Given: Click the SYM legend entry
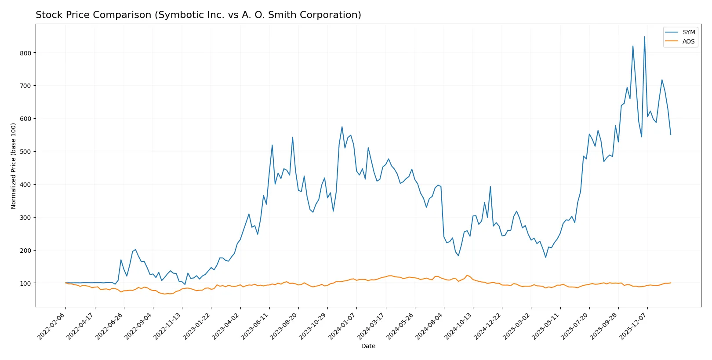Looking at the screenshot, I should point(688,32).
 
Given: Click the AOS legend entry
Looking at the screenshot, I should point(688,41).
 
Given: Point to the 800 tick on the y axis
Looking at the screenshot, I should point(25,53).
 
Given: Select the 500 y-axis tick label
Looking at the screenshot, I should point(25,152).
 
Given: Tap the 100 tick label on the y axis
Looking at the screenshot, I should point(25,283).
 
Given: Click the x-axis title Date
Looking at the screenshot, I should point(368,346).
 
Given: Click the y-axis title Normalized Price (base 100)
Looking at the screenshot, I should point(13,166).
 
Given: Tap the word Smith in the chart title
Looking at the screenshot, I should point(284,15).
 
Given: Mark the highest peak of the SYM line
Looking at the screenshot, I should point(644,36).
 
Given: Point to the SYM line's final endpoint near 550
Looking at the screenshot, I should point(671,135).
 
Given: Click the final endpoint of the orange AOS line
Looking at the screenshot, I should point(671,283).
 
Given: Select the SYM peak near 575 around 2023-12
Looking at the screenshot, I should point(342,127).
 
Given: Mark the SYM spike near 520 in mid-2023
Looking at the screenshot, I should point(272,145).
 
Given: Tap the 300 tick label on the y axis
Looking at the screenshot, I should point(25,218).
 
